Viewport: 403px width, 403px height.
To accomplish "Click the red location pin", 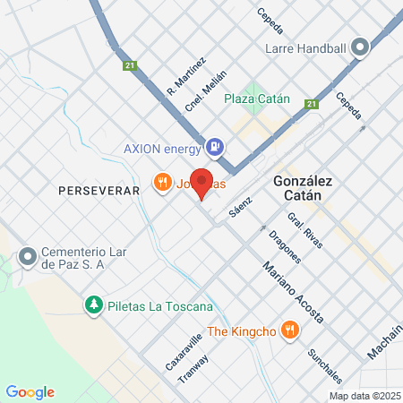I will [202, 182].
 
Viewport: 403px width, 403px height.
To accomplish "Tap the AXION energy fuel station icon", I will [214, 146].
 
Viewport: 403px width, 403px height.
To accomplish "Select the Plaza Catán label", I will [256, 99].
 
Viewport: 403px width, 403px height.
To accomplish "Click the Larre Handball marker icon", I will [361, 47].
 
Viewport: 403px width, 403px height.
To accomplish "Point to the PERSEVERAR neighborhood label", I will [99, 191].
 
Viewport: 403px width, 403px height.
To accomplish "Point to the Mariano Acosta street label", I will [292, 293].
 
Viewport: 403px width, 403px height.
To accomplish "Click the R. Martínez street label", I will [186, 77].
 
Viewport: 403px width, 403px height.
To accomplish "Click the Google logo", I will [30, 392].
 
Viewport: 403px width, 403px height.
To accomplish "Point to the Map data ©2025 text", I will [364, 396].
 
